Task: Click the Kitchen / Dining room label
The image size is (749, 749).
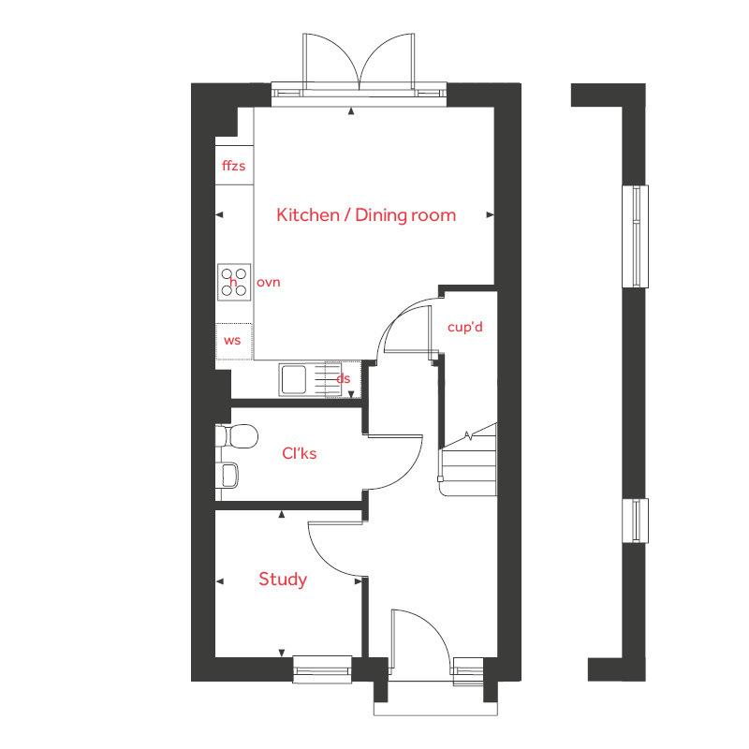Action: [366, 215]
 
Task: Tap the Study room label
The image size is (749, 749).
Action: [283, 580]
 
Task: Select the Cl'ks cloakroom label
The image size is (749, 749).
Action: [300, 453]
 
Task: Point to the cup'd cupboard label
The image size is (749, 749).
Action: [464, 328]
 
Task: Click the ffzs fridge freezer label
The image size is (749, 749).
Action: [233, 167]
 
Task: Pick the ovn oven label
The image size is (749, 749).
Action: [268, 282]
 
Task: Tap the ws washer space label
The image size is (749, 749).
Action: [232, 340]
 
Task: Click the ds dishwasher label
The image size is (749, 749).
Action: [344, 378]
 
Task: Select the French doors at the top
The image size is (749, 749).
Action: [360, 66]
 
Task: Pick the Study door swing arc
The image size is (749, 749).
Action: [332, 548]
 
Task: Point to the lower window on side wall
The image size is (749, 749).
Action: [637, 521]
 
